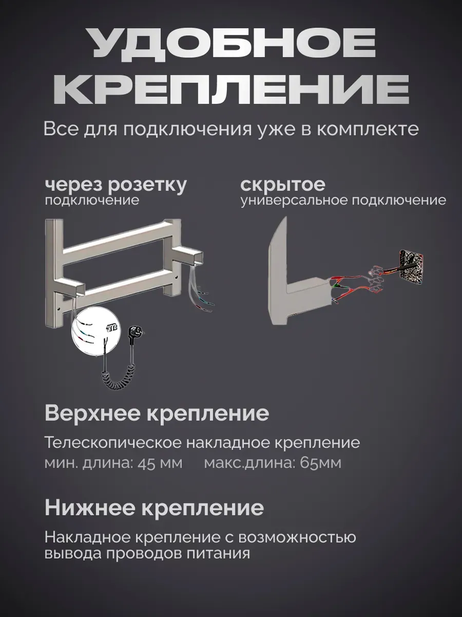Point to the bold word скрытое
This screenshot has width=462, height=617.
[282, 185]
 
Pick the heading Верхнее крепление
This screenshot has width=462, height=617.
[157, 414]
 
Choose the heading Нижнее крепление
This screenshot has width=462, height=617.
[154, 508]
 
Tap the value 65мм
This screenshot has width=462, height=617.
[320, 463]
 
